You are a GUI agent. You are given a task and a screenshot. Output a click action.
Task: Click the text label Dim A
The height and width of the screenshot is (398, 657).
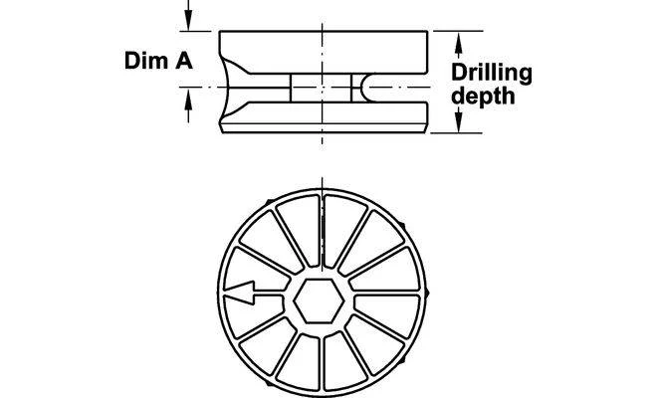(x=158, y=61)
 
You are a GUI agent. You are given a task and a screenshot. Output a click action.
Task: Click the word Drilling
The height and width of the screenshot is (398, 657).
(x=492, y=74)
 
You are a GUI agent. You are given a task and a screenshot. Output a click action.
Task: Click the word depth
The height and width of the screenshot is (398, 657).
(x=483, y=96)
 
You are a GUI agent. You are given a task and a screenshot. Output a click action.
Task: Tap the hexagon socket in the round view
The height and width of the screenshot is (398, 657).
(x=319, y=300)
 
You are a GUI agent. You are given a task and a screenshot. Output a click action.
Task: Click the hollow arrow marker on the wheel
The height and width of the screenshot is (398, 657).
(x=240, y=293)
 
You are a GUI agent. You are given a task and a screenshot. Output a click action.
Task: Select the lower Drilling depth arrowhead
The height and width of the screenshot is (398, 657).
(x=459, y=119)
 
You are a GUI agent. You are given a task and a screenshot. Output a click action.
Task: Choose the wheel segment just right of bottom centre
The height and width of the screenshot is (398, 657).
(x=345, y=361)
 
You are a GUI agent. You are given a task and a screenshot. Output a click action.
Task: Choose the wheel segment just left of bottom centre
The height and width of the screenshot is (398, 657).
(x=300, y=361)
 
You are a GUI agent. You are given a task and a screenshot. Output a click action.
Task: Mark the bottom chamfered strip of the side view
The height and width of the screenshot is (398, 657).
(x=324, y=128)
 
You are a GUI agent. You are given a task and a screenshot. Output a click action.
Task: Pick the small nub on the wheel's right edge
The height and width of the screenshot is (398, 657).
(x=427, y=293)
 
